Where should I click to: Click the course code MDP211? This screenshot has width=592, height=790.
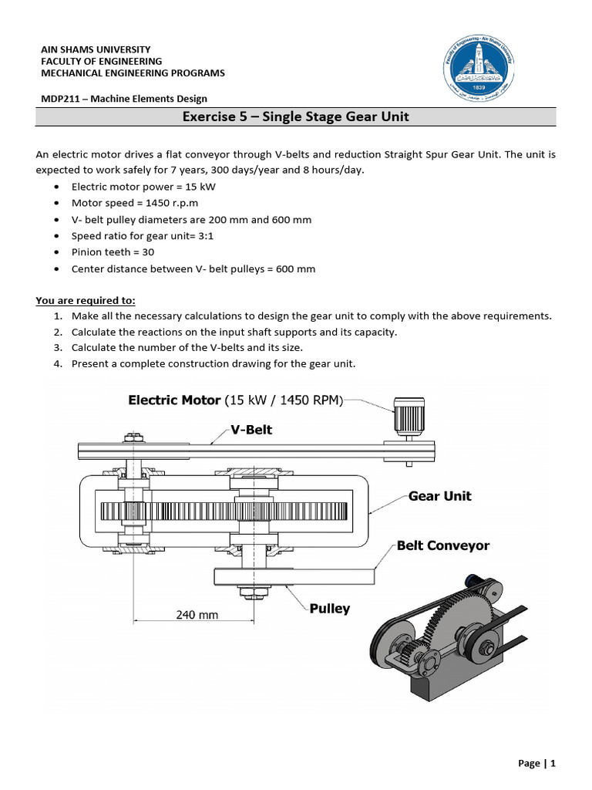click(x=58, y=99)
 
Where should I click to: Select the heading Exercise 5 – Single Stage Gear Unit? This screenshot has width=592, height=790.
click(x=295, y=117)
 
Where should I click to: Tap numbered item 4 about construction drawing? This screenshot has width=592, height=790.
click(x=214, y=363)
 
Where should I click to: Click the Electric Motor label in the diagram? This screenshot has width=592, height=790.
click(x=235, y=400)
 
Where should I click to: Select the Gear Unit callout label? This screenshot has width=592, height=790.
click(x=439, y=496)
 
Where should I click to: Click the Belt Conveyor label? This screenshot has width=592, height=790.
click(x=442, y=545)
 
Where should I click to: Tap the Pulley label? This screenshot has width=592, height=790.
click(x=330, y=609)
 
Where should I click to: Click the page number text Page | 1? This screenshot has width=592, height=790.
click(x=536, y=764)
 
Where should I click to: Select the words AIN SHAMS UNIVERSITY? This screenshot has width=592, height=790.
click(x=96, y=49)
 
